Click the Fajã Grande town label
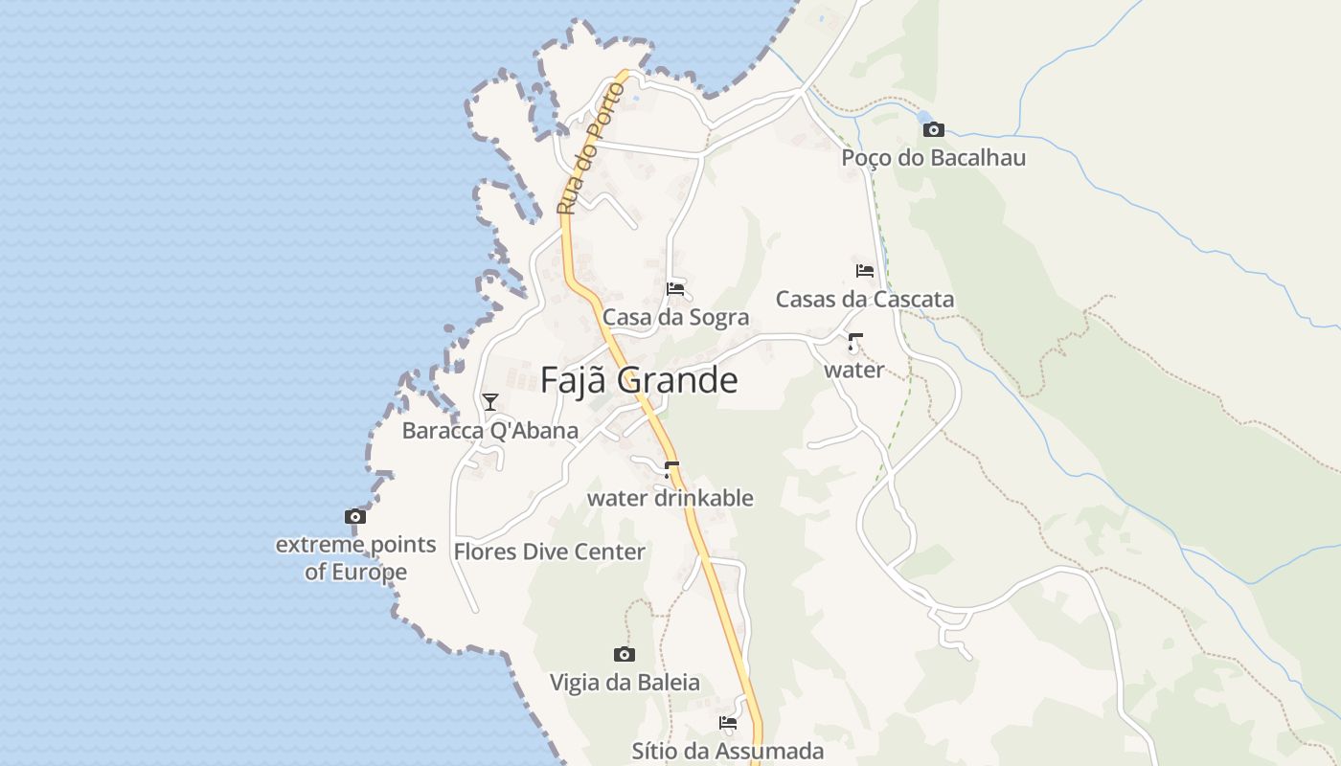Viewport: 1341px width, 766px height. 639,380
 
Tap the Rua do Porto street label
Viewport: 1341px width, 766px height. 590,148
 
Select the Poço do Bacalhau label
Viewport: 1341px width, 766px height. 933,157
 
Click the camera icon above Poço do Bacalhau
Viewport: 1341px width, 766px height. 933,129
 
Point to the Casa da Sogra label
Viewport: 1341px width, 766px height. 675,317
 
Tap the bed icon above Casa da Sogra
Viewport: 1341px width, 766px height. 675,288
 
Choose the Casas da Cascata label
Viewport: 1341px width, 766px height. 864,299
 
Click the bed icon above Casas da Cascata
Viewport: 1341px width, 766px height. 864,271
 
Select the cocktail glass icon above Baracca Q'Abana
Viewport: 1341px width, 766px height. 490,402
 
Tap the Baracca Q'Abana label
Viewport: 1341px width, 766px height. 489,430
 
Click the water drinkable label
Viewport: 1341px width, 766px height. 670,498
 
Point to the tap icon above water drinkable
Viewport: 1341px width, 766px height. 670,469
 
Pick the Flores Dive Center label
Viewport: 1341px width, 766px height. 549,552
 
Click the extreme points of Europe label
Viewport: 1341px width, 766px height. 355,558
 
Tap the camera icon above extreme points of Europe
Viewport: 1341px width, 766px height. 355,517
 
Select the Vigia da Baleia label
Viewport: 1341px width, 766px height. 624,683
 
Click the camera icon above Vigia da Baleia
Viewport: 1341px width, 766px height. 624,654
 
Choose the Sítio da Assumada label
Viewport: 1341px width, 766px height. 727,751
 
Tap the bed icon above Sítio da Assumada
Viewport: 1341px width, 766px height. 728,723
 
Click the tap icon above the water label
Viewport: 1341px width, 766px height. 853,342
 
